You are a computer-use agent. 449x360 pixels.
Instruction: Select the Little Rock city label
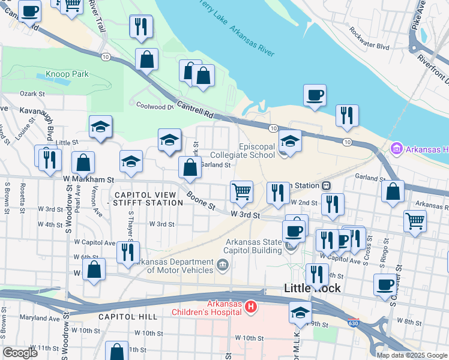click(x=312, y=288)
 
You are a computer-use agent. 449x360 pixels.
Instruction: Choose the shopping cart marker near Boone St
click(x=241, y=192)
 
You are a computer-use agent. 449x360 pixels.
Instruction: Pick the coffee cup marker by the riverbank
click(x=315, y=95)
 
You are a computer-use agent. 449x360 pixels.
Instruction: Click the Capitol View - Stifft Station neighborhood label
click(x=148, y=199)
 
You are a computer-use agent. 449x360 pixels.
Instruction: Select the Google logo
click(x=20, y=353)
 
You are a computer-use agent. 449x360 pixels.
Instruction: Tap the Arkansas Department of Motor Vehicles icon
click(x=222, y=265)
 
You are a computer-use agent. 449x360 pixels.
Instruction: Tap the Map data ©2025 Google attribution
click(x=412, y=355)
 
